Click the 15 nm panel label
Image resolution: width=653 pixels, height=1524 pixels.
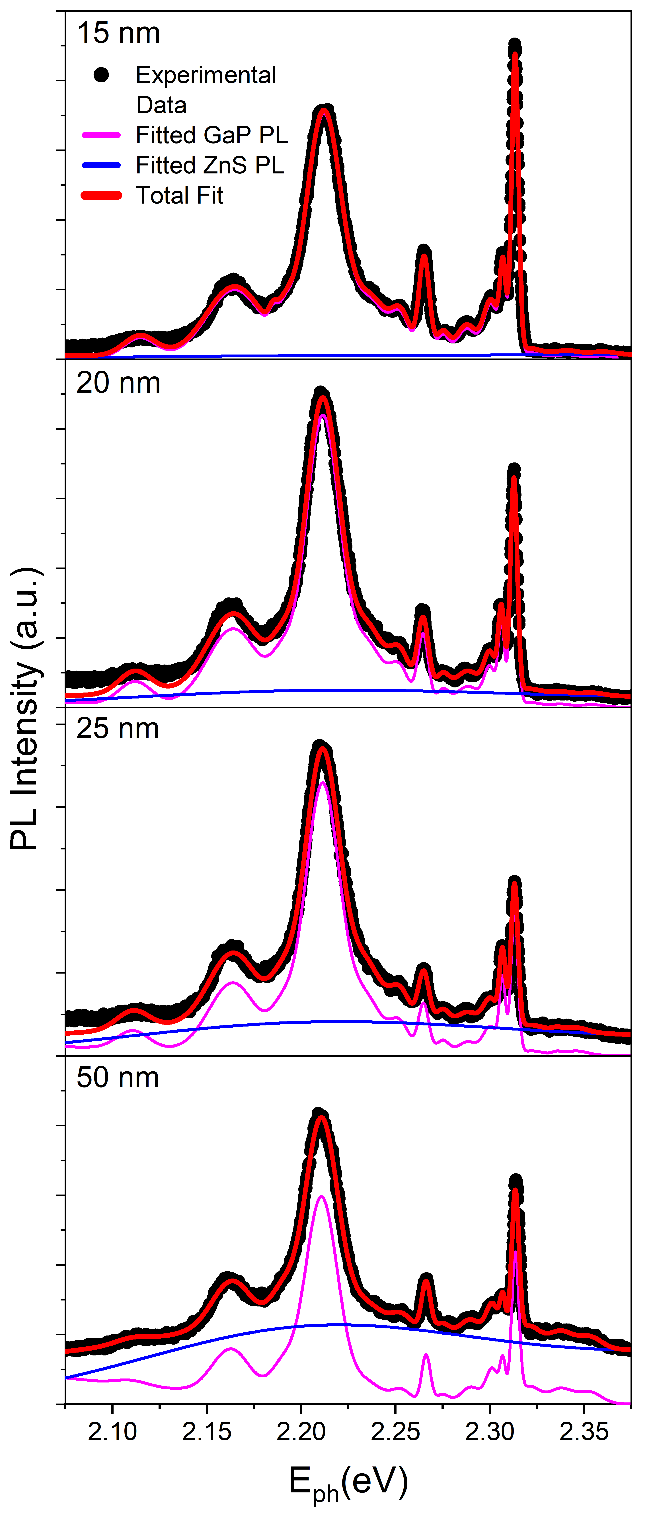click(x=118, y=34)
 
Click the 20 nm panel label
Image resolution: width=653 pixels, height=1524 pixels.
click(x=118, y=383)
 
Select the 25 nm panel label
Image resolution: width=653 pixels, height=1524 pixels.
click(x=118, y=729)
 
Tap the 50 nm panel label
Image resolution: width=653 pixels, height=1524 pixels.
click(x=118, y=1078)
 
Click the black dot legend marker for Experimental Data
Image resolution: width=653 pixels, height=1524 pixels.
click(x=101, y=75)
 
